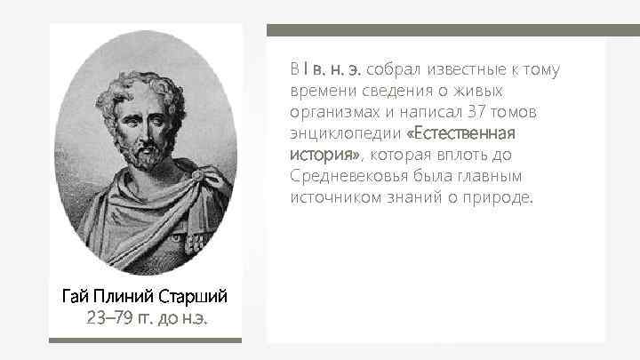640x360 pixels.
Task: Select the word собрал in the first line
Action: click(396, 69)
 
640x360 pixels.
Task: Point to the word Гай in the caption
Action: click(76, 294)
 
